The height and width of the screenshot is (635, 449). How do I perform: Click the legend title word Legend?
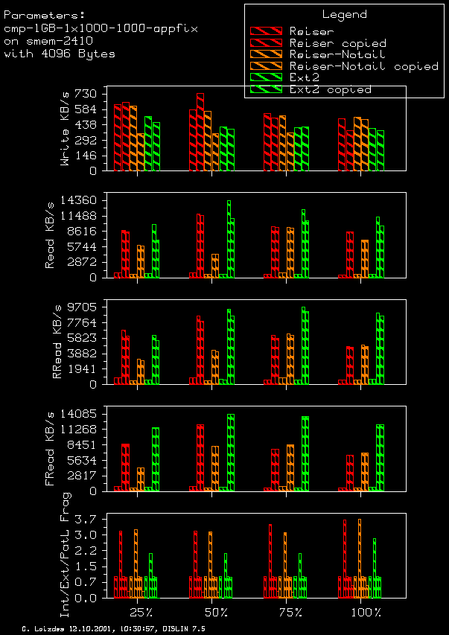point(344,14)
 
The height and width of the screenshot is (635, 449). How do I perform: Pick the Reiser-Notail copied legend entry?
point(363,66)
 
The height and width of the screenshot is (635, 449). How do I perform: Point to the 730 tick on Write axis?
point(86,94)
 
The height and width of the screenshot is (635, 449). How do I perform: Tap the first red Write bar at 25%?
point(118,137)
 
